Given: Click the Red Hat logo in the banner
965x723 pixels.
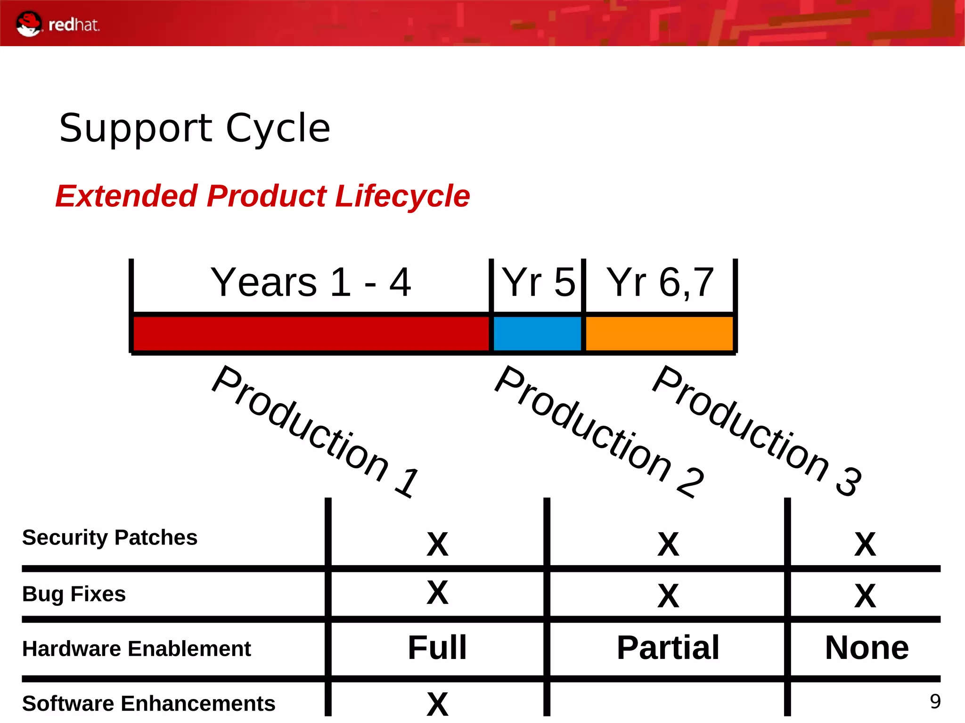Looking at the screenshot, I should click(x=57, y=24).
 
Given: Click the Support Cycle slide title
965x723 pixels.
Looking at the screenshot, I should click(x=195, y=128).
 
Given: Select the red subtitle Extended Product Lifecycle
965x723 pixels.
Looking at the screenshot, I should click(x=262, y=196).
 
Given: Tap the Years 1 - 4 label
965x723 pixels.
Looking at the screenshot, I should click(x=311, y=282).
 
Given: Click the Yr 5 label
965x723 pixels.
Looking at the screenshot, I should click(x=538, y=282).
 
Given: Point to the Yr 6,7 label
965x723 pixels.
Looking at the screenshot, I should click(x=660, y=282).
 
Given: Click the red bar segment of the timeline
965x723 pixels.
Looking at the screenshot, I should click(x=311, y=333).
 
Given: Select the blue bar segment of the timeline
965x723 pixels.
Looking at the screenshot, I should click(x=537, y=333).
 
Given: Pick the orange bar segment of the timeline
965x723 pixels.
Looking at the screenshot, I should click(x=659, y=333).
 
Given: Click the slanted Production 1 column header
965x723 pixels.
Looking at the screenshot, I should click(x=315, y=431).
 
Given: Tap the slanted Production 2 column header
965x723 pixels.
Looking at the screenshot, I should click(x=599, y=431).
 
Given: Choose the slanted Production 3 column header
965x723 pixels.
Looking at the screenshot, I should click(x=757, y=431).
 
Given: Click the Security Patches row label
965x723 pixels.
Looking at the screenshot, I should click(x=110, y=537).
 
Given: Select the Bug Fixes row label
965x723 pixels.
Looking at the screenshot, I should click(x=74, y=594).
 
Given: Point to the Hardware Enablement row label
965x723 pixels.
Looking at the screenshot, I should click(x=137, y=649).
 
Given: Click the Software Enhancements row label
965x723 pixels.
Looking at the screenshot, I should click(x=148, y=703).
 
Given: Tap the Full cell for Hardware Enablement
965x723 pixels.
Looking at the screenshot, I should click(x=437, y=648).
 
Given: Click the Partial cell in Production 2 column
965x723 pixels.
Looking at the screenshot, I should click(x=668, y=648).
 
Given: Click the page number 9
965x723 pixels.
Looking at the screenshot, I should click(x=935, y=702).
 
